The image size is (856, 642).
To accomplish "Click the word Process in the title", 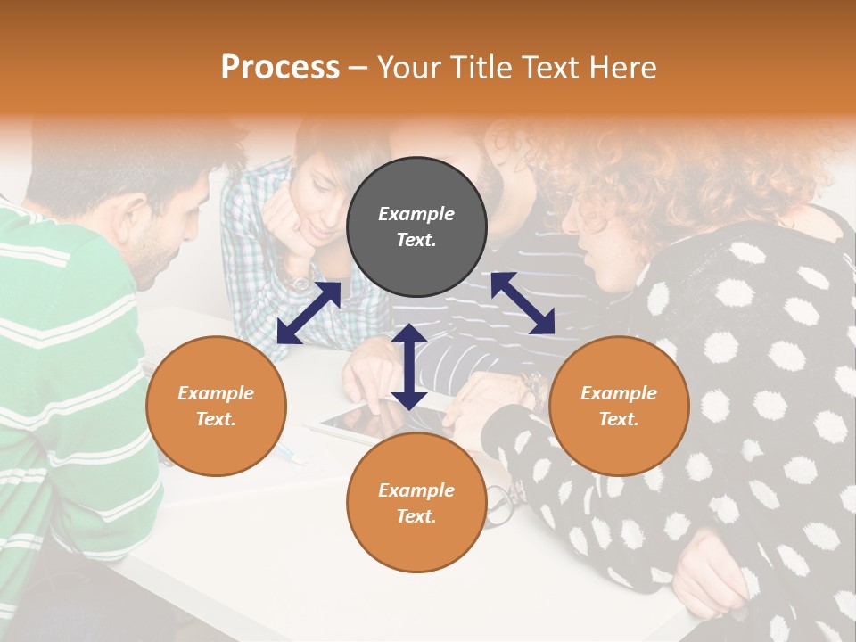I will [280, 68].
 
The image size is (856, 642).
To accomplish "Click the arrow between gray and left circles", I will [309, 312].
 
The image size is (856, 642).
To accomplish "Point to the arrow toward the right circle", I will [523, 303].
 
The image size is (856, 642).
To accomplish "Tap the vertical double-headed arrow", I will [408, 366].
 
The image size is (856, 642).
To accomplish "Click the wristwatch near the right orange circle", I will [534, 388].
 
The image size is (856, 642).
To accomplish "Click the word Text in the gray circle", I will [416, 240].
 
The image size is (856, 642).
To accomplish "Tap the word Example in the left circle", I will [216, 393].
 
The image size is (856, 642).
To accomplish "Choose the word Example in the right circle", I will [619, 393].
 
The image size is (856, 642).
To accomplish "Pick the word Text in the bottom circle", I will [416, 516].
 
